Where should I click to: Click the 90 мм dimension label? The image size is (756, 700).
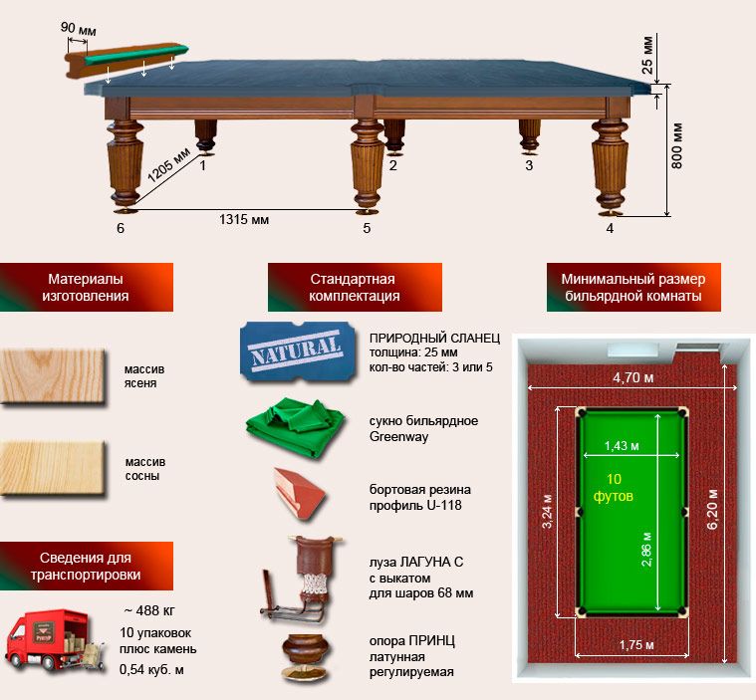pyautogui.click(x=78, y=29)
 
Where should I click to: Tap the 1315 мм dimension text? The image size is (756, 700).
pyautogui.click(x=244, y=220)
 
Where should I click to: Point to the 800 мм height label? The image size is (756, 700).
pyautogui.click(x=677, y=145)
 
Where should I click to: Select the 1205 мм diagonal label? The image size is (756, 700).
pyautogui.click(x=168, y=165)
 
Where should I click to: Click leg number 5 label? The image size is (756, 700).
pyautogui.click(x=367, y=228)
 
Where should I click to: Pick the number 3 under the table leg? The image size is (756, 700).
pyautogui.click(x=529, y=165)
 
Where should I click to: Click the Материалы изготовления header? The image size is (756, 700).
pyautogui.click(x=86, y=288)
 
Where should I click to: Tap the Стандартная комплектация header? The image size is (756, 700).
pyautogui.click(x=355, y=288)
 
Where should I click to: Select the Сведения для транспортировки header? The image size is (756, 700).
pyautogui.click(x=86, y=566)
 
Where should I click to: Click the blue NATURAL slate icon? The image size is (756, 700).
pyautogui.click(x=298, y=351)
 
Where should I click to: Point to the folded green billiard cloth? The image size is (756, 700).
pyautogui.click(x=295, y=427)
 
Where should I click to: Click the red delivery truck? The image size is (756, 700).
pyautogui.click(x=54, y=641)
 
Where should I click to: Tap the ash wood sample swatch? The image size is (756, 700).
pyautogui.click(x=53, y=376)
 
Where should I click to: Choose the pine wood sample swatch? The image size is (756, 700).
pyautogui.click(x=53, y=468)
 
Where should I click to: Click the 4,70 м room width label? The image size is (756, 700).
pyautogui.click(x=633, y=377)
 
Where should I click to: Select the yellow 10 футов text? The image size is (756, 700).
pyautogui.click(x=614, y=487)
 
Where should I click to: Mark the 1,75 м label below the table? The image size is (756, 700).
pyautogui.click(x=636, y=644)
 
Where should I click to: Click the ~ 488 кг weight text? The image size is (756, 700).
pyautogui.click(x=149, y=610)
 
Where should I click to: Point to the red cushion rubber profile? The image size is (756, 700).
pyautogui.click(x=299, y=494)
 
